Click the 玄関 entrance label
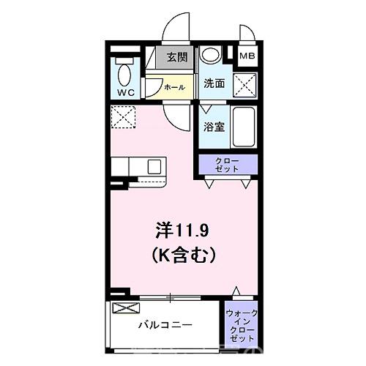click(176, 57)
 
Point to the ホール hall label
click(174, 87)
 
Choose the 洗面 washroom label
click(214, 84)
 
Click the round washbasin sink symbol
click(210, 56)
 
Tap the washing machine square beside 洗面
click(244, 84)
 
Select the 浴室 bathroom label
click(214, 126)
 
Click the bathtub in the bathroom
click(244, 127)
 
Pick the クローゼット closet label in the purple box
click(225, 165)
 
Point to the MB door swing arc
click(246, 32)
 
